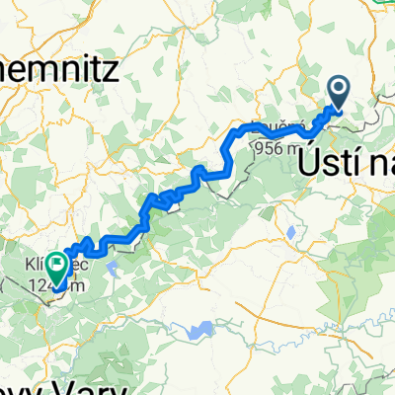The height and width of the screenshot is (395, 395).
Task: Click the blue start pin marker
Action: pos(338,95)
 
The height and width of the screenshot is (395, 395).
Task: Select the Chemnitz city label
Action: pos(59,70)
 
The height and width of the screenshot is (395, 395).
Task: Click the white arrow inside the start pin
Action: pos(338,92)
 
